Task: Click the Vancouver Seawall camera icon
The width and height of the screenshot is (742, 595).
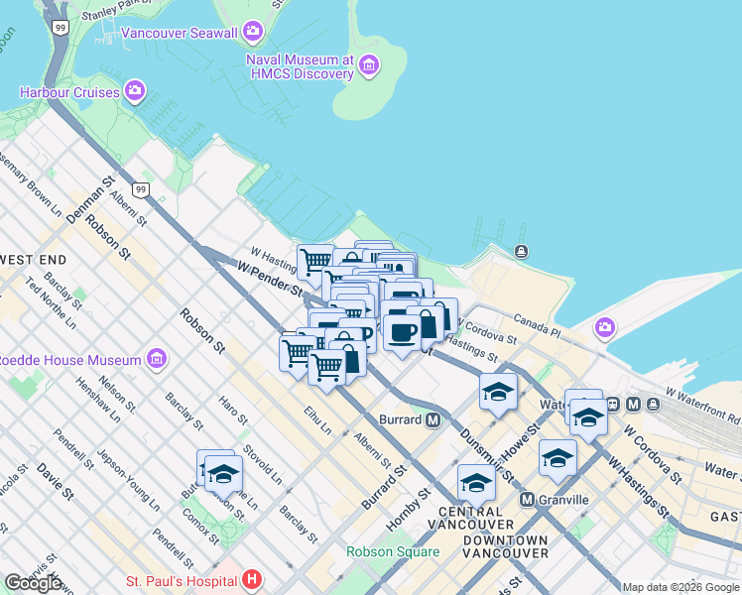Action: pyautogui.click(x=252, y=33)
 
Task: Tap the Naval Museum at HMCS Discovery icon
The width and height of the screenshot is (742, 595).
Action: pyautogui.click(x=369, y=66)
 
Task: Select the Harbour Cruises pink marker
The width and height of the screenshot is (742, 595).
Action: pyautogui.click(x=135, y=93)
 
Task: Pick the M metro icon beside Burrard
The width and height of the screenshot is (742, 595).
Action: pyautogui.click(x=433, y=419)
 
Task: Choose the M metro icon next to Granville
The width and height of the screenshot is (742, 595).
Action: pyautogui.click(x=527, y=499)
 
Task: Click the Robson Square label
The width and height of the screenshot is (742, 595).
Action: pyautogui.click(x=392, y=551)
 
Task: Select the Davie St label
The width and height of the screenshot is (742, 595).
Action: pyautogui.click(x=55, y=478)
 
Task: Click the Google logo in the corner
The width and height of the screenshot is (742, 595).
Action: pyautogui.click(x=33, y=583)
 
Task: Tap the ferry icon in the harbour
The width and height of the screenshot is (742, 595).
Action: pyautogui.click(x=521, y=252)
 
